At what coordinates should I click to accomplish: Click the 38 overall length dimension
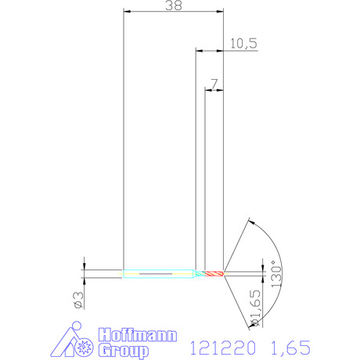coord(174,5)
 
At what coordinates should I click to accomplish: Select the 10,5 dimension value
coord(243,43)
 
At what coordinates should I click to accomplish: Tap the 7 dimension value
coord(214,84)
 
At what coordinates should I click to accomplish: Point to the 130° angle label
coord(277,274)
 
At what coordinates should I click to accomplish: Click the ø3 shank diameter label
coord(79,300)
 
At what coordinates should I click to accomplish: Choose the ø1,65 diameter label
coord(255,308)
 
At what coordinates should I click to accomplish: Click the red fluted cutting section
coord(214,274)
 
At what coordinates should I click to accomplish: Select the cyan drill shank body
coord(159,274)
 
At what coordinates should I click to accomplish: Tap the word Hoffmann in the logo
coord(138,335)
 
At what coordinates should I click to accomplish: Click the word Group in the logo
coord(124,351)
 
